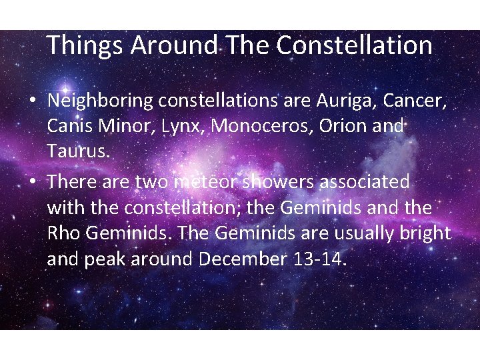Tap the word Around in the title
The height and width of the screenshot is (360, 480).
pos(174,46)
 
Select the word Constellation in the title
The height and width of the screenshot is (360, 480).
pos(354,46)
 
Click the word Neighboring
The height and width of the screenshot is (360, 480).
pos(100,101)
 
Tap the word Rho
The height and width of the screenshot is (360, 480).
pos(63,233)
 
